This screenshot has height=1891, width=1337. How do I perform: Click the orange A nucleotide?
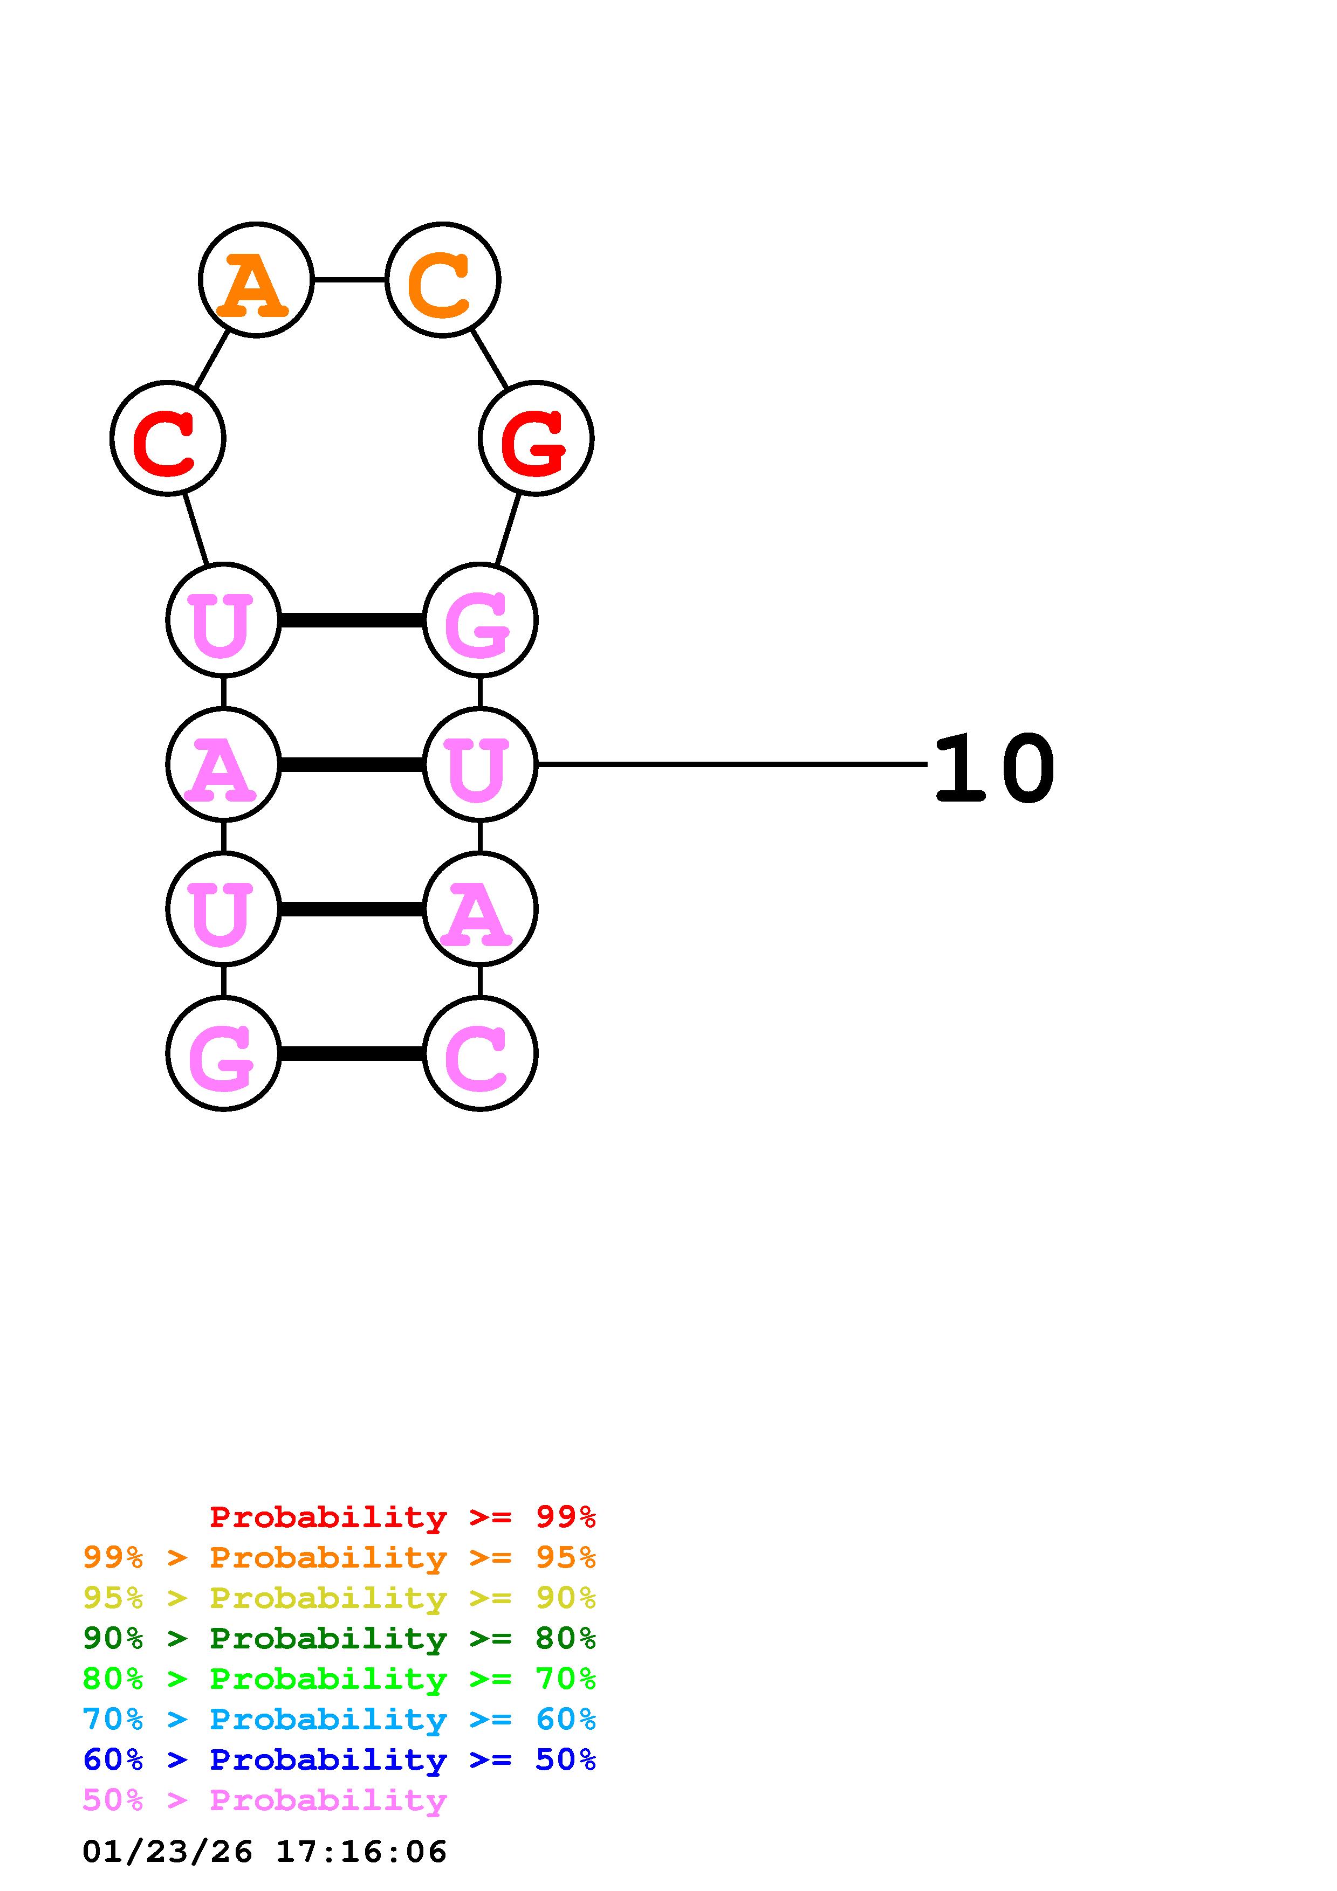point(256,280)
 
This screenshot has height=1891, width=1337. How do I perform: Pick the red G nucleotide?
point(536,438)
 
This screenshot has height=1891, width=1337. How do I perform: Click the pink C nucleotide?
point(480,1053)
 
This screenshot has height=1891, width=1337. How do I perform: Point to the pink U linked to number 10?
point(480,764)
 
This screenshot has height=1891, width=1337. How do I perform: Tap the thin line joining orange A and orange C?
point(349,280)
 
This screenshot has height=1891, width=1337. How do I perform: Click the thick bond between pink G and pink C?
point(352,1053)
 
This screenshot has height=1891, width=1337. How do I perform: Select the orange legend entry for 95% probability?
point(339,1557)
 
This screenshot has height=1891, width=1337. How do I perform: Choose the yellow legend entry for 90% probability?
point(339,1598)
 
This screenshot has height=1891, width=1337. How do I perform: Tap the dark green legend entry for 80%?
point(339,1638)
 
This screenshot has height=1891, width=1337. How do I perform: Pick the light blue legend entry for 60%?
point(339,1719)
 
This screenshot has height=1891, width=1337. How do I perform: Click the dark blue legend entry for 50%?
point(339,1759)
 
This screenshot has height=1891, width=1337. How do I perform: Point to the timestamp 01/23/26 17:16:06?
point(264,1852)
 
